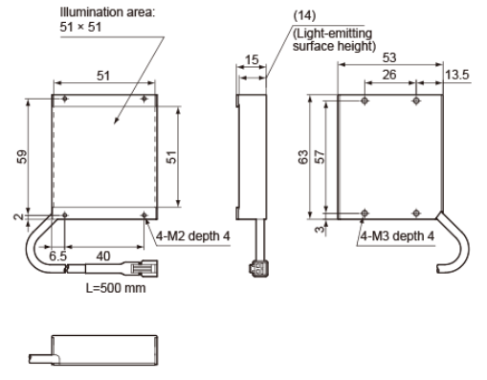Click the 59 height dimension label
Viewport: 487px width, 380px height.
pyautogui.click(x=22, y=157)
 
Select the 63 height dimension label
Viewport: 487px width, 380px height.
pyautogui.click(x=303, y=157)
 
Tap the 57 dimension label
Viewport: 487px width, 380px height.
pyautogui.click(x=320, y=157)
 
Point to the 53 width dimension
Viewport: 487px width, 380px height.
pyautogui.click(x=389, y=57)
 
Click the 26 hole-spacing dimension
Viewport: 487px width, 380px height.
pyautogui.click(x=389, y=75)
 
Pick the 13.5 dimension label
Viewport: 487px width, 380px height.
pyautogui.click(x=457, y=75)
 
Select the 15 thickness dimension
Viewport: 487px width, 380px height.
pyautogui.click(x=252, y=59)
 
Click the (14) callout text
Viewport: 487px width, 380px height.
pyautogui.click(x=304, y=15)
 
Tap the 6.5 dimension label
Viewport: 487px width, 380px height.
pyautogui.click(x=57, y=256)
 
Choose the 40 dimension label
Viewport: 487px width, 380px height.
pyautogui.click(x=103, y=256)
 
